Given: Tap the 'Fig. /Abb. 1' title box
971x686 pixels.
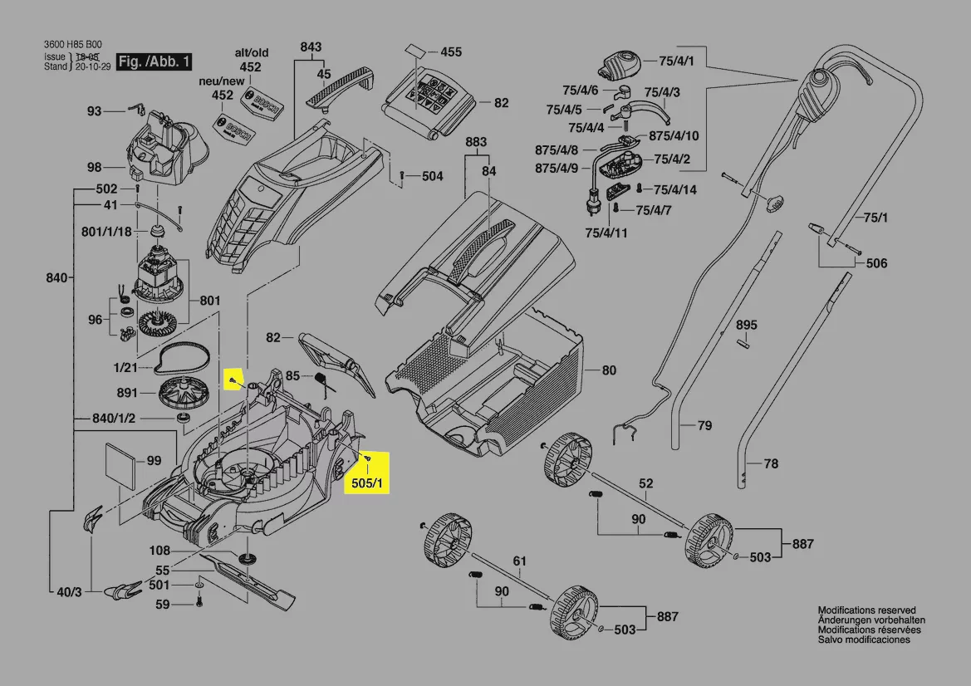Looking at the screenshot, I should [154, 61].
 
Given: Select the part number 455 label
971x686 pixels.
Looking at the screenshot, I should [450, 52].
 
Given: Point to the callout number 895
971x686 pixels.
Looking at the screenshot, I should [747, 325].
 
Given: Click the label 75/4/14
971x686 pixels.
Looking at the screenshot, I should [675, 190].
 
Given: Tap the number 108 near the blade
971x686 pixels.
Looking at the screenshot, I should [159, 551].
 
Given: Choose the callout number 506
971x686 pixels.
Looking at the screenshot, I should [876, 264].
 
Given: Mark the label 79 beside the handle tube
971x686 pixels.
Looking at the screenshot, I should [704, 426].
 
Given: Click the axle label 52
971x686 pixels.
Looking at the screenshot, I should [645, 483].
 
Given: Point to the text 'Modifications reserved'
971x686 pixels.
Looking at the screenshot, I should [866, 610].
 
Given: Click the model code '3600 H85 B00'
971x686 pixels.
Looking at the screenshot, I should [72, 46].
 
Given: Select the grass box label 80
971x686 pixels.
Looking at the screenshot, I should [609, 370].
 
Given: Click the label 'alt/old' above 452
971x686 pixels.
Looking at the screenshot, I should [251, 53].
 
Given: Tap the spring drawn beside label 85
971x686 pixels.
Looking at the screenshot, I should [323, 380].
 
